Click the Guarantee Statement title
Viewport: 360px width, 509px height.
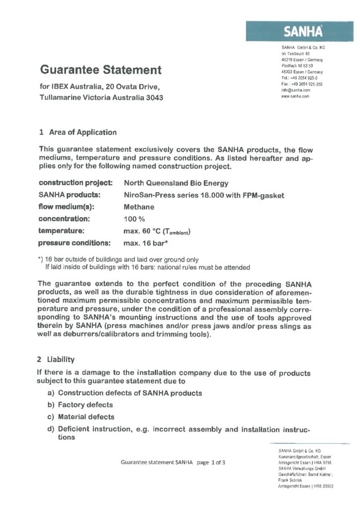pyautogui.click(x=100, y=70)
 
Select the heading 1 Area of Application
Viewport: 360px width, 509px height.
pyautogui.click(x=78, y=132)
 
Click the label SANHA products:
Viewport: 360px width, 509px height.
pyautogui.click(x=68, y=195)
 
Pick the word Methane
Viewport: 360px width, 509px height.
pyautogui.click(x=139, y=207)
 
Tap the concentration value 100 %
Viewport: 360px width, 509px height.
pyautogui.click(x=134, y=219)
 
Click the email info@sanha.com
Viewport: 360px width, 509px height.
pyautogui.click(x=296, y=90)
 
